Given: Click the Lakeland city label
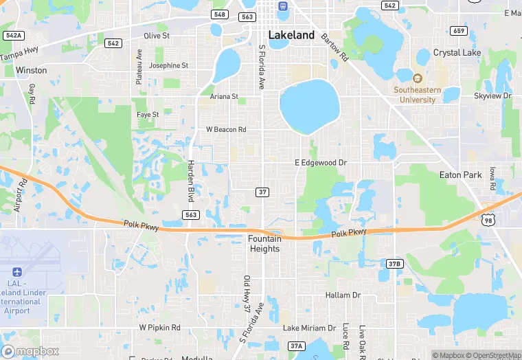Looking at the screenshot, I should pos(291,35).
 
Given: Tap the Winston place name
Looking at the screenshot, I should pos(32,70).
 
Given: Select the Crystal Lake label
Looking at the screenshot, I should pos(457,53).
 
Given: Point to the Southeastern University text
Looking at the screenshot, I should pos(415,95).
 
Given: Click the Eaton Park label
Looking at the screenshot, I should pos(460,175).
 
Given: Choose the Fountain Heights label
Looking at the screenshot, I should pos(264,243).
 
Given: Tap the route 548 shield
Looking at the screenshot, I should pos(220,14).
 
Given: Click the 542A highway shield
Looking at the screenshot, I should pos(14,35).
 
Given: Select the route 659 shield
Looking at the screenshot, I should pos(459,30).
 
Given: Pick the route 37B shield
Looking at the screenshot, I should pos(394,263).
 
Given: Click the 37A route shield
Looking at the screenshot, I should pos(296,346).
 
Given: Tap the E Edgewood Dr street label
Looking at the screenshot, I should pos(321,163).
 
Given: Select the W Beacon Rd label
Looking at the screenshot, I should pos(226,129).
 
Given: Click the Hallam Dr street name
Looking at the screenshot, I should pos(343,295).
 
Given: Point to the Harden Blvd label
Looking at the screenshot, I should pos(191,179).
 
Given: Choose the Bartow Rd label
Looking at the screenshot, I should pos(334,46).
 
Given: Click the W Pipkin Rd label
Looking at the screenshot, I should pos(159,328).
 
